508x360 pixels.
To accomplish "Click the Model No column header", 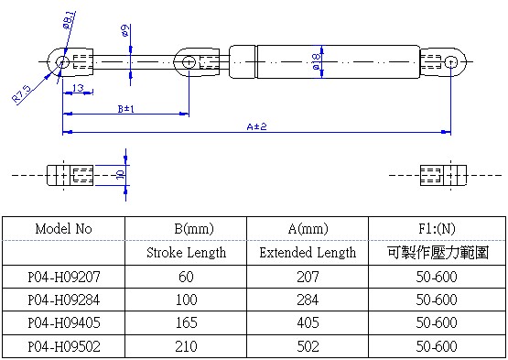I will pos(64,228).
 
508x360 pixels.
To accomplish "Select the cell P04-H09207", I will pos(64,276).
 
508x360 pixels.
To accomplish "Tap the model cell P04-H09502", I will pos(64,347).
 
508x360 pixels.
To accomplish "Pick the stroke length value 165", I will pos(187,323).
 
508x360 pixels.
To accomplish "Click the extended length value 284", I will pos(307,300).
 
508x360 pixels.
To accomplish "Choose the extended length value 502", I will pos(307,347).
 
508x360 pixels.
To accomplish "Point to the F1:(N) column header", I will pos(436,228).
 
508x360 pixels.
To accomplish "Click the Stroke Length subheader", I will pos(187,252).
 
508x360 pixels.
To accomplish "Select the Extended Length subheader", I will pos(307,252).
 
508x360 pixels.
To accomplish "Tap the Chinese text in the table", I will pos(436,252).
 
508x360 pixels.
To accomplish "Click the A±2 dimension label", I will pos(256,126).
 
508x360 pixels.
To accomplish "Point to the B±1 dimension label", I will pos(126,109).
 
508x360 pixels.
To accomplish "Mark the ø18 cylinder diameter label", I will pos(316,62).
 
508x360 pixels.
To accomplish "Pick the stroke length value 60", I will pos(187,276).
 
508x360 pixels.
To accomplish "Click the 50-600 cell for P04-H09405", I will pos(436,323).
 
